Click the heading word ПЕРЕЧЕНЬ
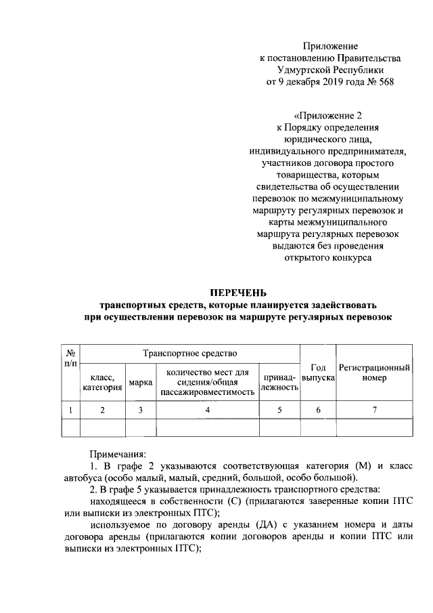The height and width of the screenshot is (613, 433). pos(243,293)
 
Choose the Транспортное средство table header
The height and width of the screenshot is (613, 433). pos(189,353)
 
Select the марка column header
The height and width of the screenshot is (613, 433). pos(140,383)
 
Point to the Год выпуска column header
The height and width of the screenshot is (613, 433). pos(319,372)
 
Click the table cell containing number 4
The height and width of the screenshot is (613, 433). pos(208,410)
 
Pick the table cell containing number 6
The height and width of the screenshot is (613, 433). pos(319,410)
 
